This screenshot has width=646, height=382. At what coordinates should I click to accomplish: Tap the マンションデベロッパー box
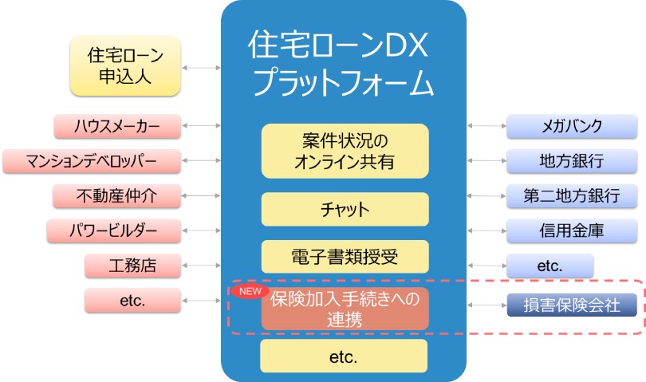pyautogui.click(x=91, y=160)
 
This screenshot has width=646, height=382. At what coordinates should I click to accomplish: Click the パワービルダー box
pyautogui.click(x=114, y=231)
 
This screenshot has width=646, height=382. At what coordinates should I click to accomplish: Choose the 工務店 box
pyautogui.click(x=131, y=266)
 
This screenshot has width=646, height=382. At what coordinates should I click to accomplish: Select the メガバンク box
pyautogui.click(x=571, y=126)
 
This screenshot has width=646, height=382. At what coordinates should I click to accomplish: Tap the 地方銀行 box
pyautogui.click(x=571, y=160)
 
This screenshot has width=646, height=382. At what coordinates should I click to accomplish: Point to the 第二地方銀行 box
pyautogui.click(x=571, y=195)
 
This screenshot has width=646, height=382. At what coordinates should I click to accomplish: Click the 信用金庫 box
pyautogui.click(x=571, y=231)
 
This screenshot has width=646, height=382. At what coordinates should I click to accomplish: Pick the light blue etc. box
pyautogui.click(x=550, y=266)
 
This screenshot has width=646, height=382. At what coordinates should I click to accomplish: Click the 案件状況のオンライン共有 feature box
pyautogui.click(x=345, y=151)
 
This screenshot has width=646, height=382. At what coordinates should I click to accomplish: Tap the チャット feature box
pyautogui.click(x=345, y=210)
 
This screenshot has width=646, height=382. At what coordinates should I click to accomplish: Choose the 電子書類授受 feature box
pyautogui.click(x=345, y=256)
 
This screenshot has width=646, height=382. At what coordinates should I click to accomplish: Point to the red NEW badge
pyautogui.click(x=251, y=291)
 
